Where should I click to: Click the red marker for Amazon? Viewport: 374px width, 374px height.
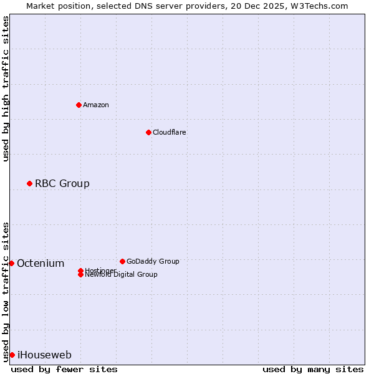79,105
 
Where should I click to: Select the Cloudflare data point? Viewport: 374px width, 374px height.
148,132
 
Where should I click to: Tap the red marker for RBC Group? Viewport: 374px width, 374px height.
29,183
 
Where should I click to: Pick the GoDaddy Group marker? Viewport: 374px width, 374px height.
122,261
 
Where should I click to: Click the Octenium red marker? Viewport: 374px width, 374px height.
11,263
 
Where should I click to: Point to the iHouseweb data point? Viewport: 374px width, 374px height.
12,355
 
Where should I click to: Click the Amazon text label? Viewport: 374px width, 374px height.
96,105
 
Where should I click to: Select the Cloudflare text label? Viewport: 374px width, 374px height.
170,132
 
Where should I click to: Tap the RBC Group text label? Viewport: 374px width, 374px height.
62,183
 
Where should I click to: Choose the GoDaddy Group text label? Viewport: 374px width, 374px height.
153,261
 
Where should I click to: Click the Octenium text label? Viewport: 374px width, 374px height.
41,263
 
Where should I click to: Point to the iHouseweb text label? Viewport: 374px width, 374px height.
44,355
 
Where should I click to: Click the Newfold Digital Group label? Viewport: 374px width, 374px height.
121,275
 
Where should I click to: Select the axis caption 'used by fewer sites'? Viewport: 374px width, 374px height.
64,369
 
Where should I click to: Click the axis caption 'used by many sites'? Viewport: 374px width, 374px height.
313,369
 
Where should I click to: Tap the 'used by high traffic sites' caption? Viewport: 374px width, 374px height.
6,89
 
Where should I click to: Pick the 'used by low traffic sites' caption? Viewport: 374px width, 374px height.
6,292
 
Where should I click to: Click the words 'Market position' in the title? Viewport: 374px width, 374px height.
54,6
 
